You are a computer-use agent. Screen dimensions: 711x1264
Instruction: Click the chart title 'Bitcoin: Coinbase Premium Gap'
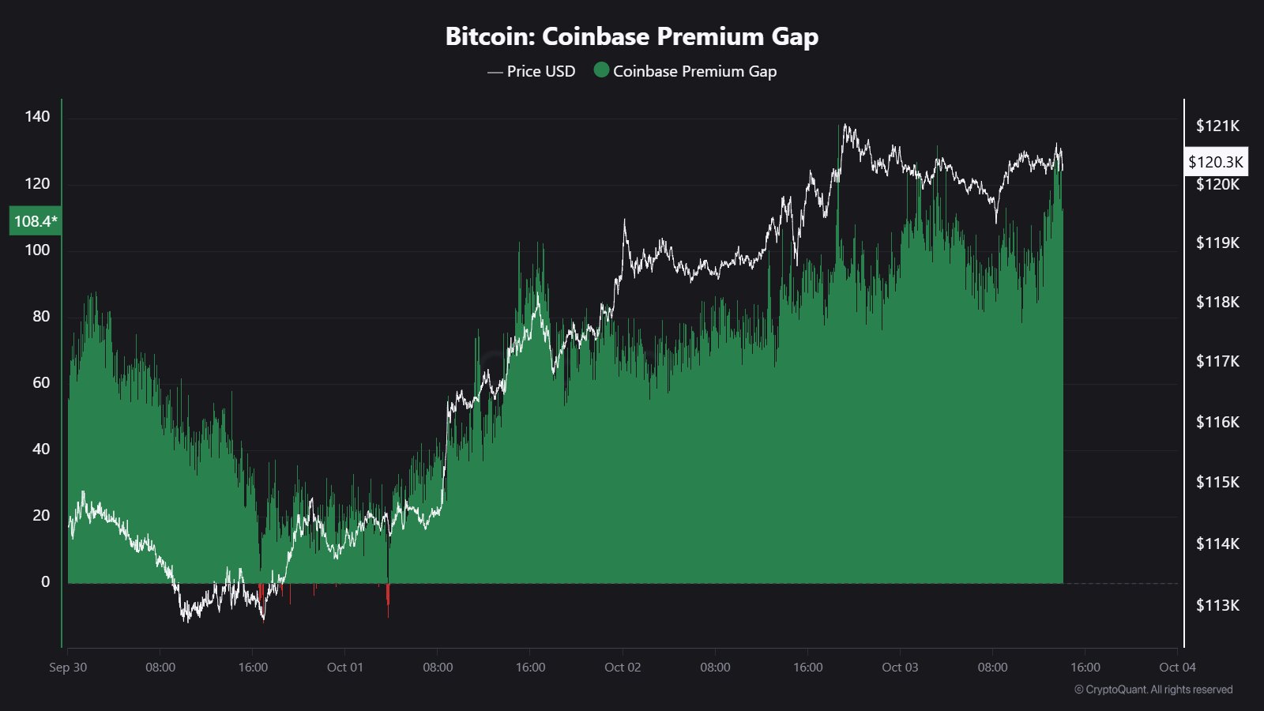click(x=631, y=36)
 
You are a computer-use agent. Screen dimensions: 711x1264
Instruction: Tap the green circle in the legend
click(x=601, y=70)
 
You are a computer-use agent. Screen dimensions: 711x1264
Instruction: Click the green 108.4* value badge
click(x=35, y=221)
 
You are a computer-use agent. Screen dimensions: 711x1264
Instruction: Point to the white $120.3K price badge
click(x=1216, y=162)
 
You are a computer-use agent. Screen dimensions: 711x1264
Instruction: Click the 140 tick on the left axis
click(x=37, y=117)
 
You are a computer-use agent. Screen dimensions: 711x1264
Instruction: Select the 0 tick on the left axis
click(x=45, y=582)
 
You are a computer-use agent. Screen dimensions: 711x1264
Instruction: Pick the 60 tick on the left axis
click(x=41, y=383)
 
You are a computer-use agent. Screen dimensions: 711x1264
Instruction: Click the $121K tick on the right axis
click(x=1217, y=126)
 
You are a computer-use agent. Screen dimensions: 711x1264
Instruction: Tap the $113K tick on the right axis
click(x=1217, y=606)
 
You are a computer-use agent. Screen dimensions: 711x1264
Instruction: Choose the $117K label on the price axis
click(x=1217, y=362)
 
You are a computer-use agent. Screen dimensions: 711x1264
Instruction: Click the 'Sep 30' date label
click(x=68, y=668)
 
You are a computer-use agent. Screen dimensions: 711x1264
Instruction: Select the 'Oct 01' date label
click(x=345, y=668)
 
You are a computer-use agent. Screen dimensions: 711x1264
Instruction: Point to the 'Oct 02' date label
click(x=623, y=668)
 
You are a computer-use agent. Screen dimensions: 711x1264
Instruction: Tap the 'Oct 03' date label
click(x=900, y=668)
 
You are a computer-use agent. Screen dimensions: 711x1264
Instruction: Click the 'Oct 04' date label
click(x=1177, y=668)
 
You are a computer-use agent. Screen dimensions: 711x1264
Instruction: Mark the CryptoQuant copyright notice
click(x=1153, y=690)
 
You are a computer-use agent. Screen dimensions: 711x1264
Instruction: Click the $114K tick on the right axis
click(x=1217, y=544)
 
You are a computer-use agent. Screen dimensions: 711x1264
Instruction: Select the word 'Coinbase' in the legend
click(x=645, y=71)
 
